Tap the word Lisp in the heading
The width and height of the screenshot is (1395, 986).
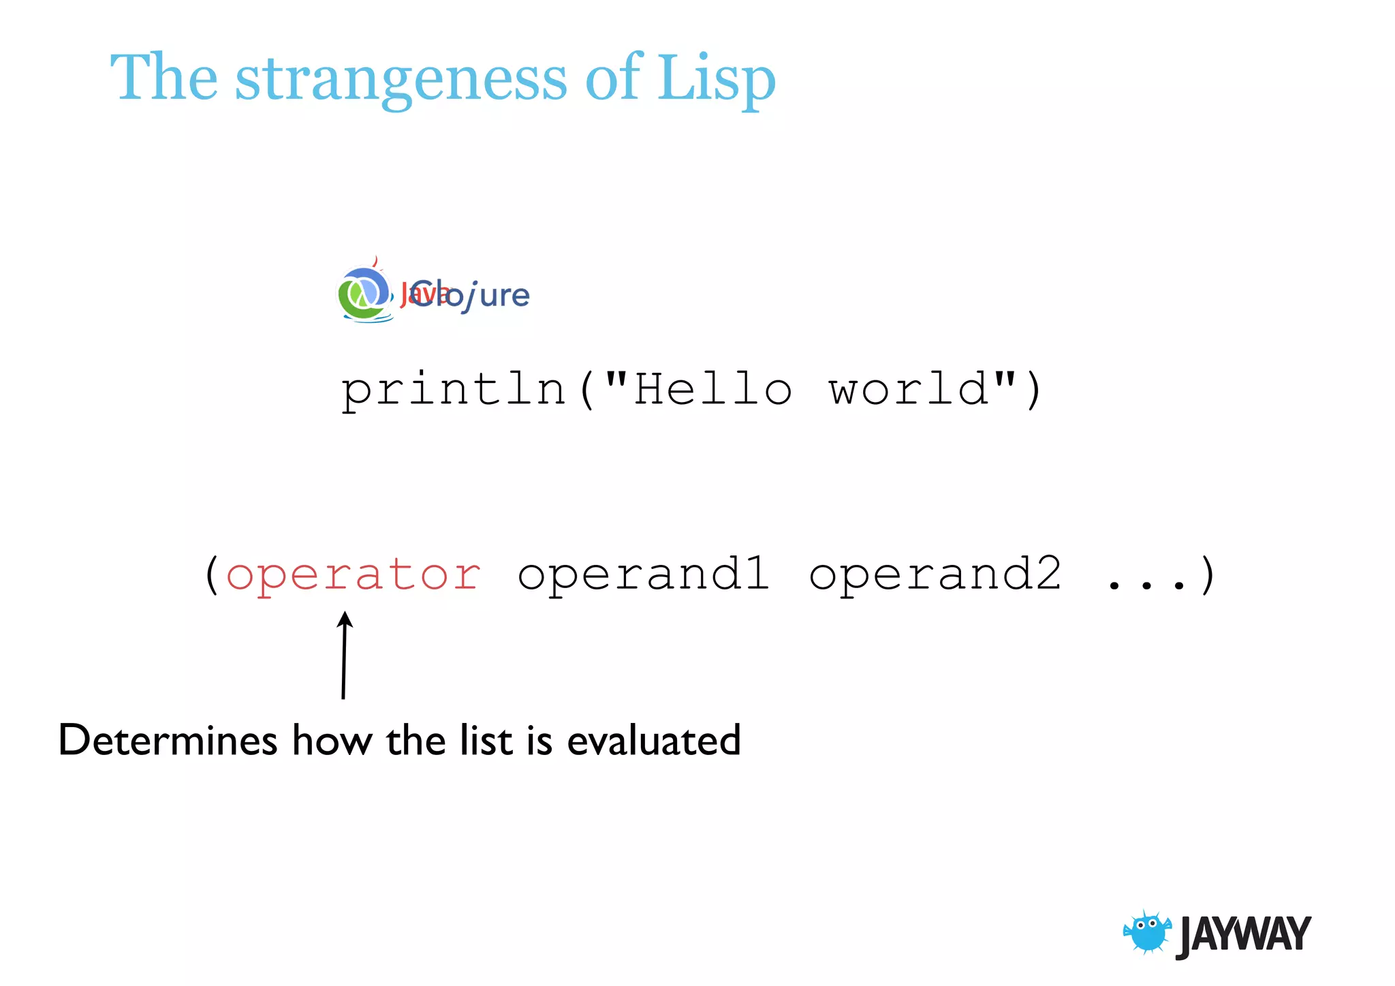click(715, 78)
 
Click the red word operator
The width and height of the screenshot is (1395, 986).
click(353, 575)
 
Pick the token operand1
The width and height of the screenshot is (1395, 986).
click(644, 574)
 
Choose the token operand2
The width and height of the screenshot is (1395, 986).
click(935, 574)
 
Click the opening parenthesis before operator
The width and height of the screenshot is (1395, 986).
click(212, 575)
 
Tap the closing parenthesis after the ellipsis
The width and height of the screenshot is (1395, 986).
click(1208, 575)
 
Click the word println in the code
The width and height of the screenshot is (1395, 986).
click(453, 390)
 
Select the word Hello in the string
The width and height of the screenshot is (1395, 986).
click(712, 389)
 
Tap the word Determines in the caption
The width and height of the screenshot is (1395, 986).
click(168, 740)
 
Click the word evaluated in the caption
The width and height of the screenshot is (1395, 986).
click(653, 740)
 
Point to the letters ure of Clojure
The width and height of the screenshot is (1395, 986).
click(504, 296)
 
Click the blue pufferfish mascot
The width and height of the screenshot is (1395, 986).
click(1147, 932)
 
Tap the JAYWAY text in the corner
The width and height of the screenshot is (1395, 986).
click(1243, 934)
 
